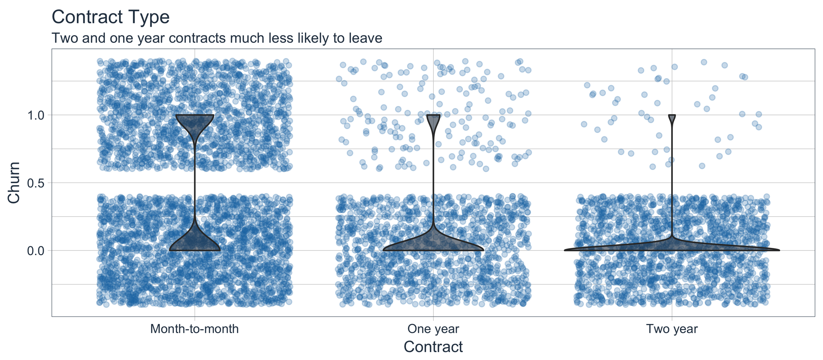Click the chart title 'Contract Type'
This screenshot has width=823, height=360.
110,17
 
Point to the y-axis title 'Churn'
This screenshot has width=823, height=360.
14,182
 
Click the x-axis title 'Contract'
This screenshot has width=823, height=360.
433,347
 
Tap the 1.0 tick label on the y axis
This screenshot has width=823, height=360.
35,115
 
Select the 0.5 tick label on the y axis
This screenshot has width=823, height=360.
35,183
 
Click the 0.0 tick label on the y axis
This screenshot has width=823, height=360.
35,251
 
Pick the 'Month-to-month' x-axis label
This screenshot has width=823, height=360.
194,329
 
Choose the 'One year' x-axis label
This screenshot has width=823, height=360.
433,329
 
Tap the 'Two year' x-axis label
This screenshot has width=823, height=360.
672,329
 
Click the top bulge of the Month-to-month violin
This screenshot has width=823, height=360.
195,122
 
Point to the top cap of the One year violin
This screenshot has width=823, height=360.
433,118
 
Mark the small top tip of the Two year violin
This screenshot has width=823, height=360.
672,118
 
